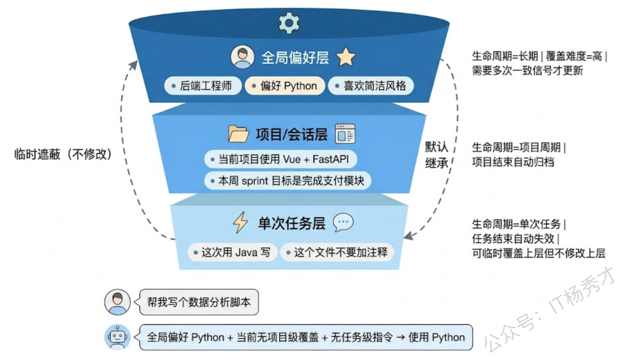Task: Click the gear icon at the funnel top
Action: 289,23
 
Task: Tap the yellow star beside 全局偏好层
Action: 346,58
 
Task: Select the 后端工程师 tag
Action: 203,86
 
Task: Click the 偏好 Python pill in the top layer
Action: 284,86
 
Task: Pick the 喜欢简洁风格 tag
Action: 370,86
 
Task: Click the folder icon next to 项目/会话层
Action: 238,134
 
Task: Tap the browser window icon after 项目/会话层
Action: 345,134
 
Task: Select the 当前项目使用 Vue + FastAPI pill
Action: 281,159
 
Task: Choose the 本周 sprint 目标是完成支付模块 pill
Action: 287,181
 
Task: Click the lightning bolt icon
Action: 240,223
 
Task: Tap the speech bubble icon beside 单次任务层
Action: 343,223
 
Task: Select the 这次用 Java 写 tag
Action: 232,252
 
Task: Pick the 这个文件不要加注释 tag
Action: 336,252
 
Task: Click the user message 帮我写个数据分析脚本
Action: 199,302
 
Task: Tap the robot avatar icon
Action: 117,337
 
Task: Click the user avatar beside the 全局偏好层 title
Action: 243,58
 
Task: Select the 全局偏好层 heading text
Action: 295,58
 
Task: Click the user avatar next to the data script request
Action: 117,302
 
